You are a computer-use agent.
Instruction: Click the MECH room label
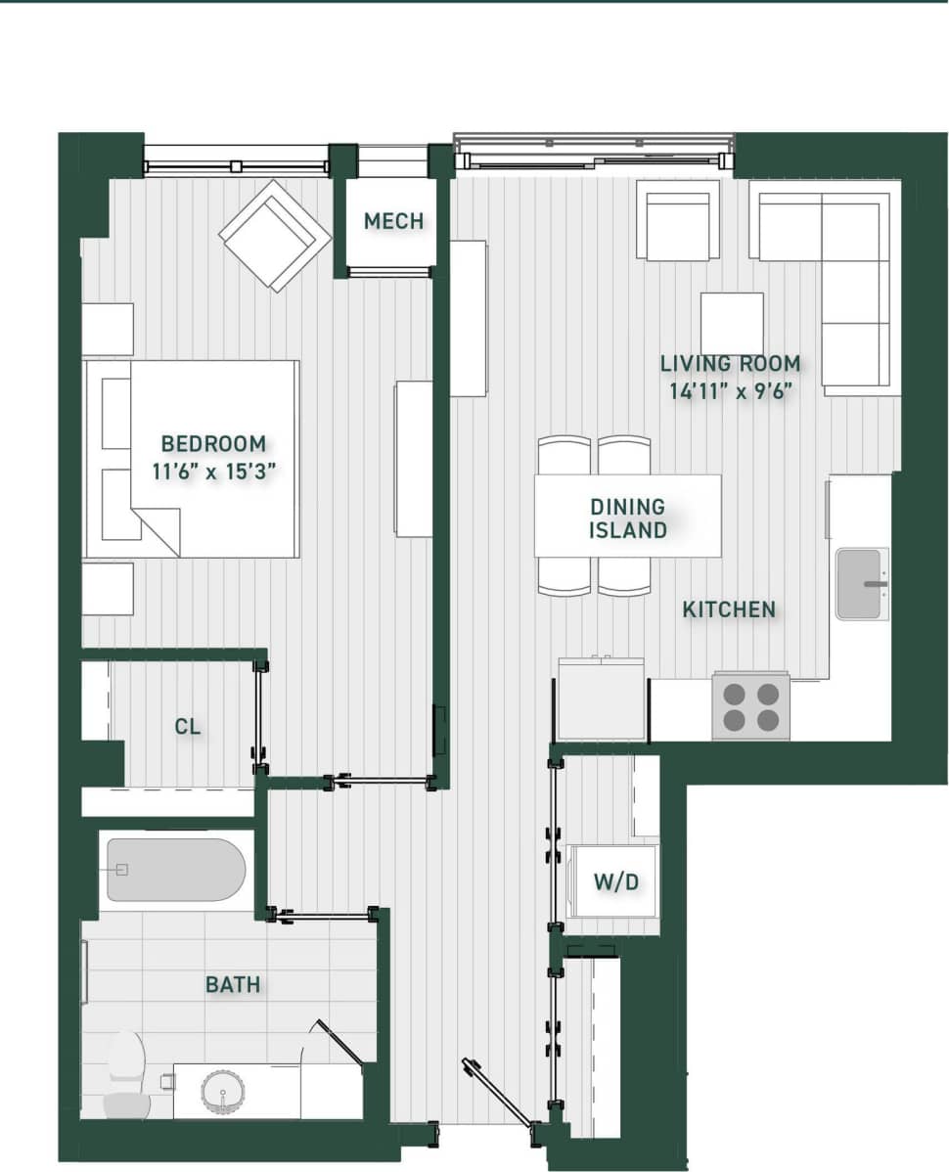pos(393,221)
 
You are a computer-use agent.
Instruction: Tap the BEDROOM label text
pos(213,443)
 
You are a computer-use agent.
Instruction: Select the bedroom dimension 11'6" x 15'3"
pos(214,471)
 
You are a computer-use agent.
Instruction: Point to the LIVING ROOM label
pos(730,364)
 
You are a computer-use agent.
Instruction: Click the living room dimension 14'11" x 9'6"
pos(730,391)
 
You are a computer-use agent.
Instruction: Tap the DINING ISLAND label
pos(627,518)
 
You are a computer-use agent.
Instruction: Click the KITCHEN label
pos(729,609)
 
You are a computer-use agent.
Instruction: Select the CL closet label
pos(188,727)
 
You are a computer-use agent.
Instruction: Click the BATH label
pos(233,984)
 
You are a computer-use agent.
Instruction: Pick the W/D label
pos(616,882)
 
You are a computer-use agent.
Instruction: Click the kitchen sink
pos(862,584)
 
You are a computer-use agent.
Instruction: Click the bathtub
pos(175,870)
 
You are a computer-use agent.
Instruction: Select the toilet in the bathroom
pos(127,1074)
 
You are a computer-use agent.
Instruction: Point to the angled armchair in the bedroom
pos(275,236)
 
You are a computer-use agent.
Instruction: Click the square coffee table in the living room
pos(732,324)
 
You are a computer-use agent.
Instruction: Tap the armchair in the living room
pos(677,222)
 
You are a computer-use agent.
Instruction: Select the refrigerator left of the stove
pos(601,699)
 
